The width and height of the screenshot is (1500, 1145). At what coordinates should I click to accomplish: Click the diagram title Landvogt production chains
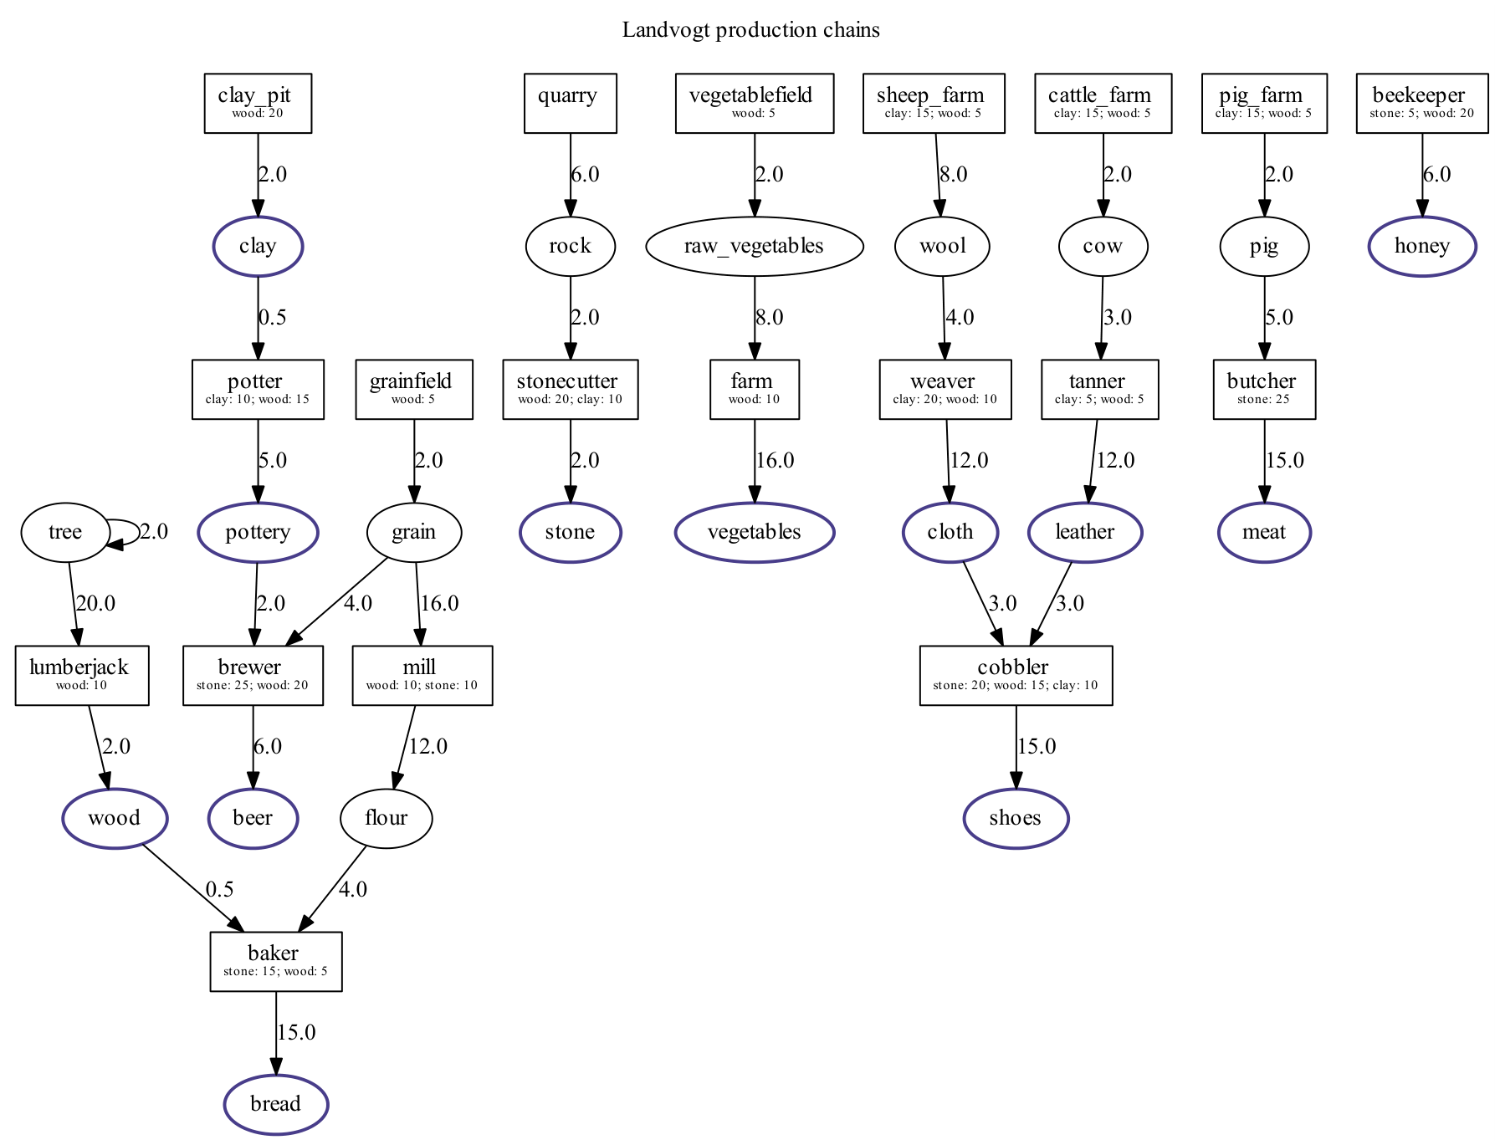click(x=750, y=30)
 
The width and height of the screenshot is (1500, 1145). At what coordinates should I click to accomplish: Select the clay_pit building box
click(x=258, y=103)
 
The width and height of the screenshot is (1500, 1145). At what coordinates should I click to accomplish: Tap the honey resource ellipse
click(x=1421, y=246)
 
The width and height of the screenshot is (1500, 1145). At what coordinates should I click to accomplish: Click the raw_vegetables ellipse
click(x=754, y=246)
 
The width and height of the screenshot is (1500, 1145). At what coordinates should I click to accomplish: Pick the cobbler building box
click(x=1016, y=675)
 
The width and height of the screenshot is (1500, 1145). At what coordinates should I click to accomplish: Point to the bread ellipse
click(x=275, y=1104)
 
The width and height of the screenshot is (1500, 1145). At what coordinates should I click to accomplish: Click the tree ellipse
click(x=65, y=532)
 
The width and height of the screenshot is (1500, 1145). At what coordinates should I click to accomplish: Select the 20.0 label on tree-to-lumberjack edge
click(x=95, y=603)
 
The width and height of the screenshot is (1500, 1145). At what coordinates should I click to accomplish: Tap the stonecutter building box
click(x=570, y=389)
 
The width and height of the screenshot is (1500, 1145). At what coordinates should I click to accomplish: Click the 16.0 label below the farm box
click(x=775, y=460)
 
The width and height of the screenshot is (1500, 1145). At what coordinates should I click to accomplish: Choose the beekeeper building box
click(x=1421, y=103)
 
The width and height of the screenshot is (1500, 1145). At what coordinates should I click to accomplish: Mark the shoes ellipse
click(x=1016, y=818)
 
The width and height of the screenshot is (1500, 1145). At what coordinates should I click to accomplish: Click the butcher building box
click(x=1263, y=389)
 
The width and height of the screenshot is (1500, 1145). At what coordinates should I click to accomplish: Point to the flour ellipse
click(x=386, y=818)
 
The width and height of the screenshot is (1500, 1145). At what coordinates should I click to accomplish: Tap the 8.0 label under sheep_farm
click(x=953, y=174)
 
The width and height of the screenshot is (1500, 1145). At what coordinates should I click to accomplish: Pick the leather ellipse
click(x=1084, y=532)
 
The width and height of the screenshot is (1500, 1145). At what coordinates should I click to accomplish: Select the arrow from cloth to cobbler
click(x=981, y=602)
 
